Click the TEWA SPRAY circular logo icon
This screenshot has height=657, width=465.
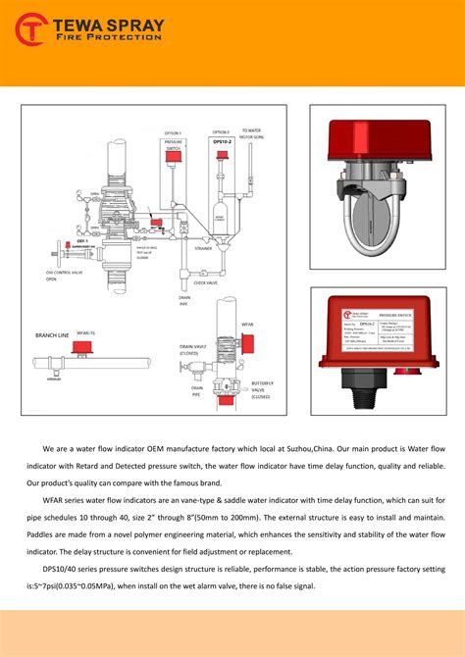(x=31, y=29)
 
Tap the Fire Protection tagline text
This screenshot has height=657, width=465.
(x=108, y=38)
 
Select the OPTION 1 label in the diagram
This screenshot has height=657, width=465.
(x=173, y=132)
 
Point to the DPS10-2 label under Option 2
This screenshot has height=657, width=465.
(x=221, y=142)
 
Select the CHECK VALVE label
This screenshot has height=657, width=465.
(x=205, y=282)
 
